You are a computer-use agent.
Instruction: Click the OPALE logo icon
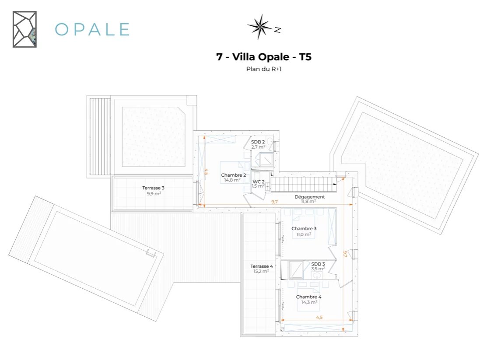point(24,29)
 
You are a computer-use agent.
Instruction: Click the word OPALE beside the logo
point(92,29)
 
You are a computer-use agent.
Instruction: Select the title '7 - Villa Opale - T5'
point(264,57)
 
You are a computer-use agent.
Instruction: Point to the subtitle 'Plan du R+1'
point(264,69)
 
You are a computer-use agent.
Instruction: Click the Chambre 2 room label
point(233,175)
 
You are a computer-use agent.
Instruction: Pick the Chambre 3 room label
point(304,228)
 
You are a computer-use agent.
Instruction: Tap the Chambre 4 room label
point(308,297)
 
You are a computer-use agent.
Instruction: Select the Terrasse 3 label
point(153,188)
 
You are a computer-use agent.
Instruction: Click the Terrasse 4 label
point(262,266)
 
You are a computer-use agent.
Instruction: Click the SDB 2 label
point(258,142)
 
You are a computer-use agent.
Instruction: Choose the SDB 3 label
point(318,264)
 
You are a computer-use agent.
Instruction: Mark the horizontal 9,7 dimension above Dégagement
point(274,202)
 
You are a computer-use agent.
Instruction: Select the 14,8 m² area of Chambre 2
point(232,180)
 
